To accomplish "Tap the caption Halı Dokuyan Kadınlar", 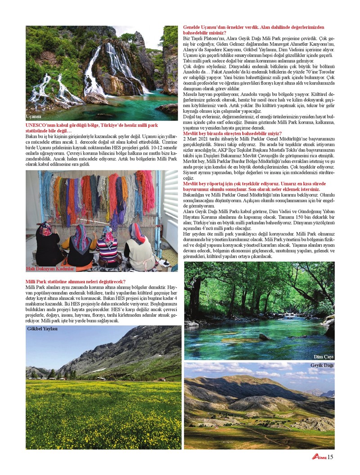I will click(50, 269).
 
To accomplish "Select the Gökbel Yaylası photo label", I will click(43, 329).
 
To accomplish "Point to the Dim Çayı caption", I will click(323, 357).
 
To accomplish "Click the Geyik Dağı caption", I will click(322, 365).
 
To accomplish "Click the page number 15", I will click(331, 457).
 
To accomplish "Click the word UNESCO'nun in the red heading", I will click(40, 125).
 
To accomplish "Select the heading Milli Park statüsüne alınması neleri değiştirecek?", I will click(76, 282).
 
